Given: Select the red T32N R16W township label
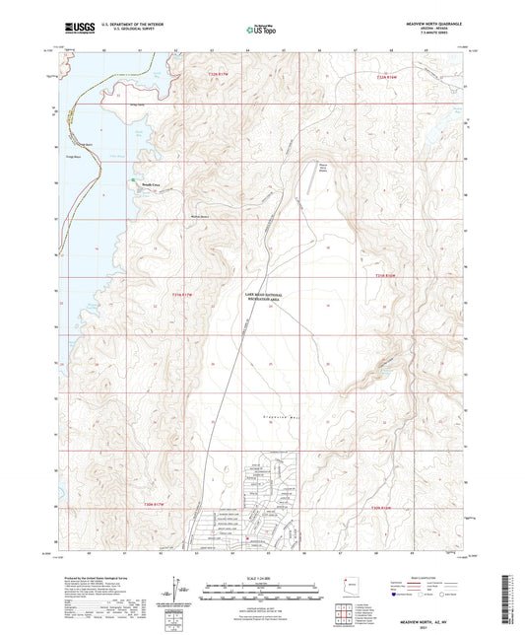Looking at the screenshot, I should point(394,75).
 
